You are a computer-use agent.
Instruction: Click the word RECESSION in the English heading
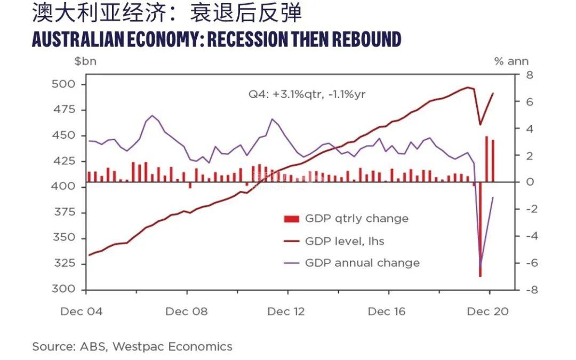pos(255,39)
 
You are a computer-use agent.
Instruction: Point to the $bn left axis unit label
pos(85,61)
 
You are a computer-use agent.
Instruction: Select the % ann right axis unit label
pos(511,61)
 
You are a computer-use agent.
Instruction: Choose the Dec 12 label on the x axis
pos(286,311)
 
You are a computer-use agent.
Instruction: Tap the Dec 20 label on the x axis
pos(487,311)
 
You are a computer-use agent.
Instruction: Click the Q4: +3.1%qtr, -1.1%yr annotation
pos(307,94)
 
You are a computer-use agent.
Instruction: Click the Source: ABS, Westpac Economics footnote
pos(132,347)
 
